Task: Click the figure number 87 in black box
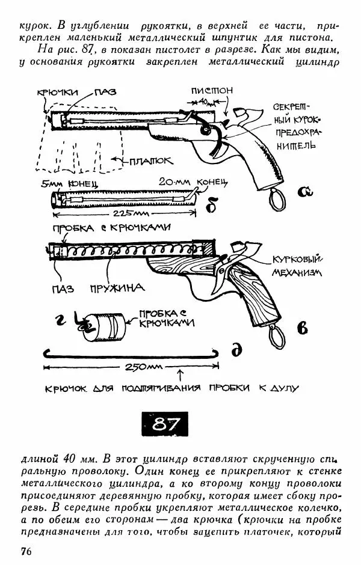165,425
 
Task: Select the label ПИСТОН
212,91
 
